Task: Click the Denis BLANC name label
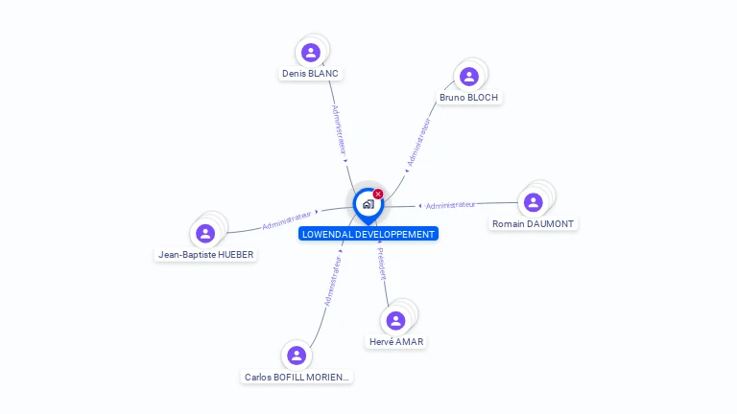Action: (x=310, y=74)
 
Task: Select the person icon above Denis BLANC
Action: (x=310, y=52)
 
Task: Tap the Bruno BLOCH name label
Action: (x=468, y=98)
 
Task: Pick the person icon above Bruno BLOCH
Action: (x=468, y=76)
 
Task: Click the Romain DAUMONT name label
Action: (x=533, y=224)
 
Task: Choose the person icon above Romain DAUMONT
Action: (x=533, y=202)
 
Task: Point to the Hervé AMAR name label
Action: (x=395, y=342)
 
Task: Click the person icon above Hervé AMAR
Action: (x=395, y=320)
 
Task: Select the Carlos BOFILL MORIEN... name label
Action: (x=297, y=378)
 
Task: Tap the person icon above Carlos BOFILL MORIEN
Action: (x=297, y=356)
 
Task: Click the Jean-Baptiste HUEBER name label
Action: (x=206, y=255)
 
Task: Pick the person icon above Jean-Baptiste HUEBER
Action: (x=205, y=233)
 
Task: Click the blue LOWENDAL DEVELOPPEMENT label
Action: (x=368, y=234)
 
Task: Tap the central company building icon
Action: (x=368, y=204)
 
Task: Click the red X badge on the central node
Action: (x=378, y=195)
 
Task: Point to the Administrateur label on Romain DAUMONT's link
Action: (x=450, y=205)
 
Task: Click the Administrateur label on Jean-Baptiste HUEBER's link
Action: (x=287, y=219)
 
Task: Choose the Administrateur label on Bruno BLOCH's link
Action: (x=419, y=142)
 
